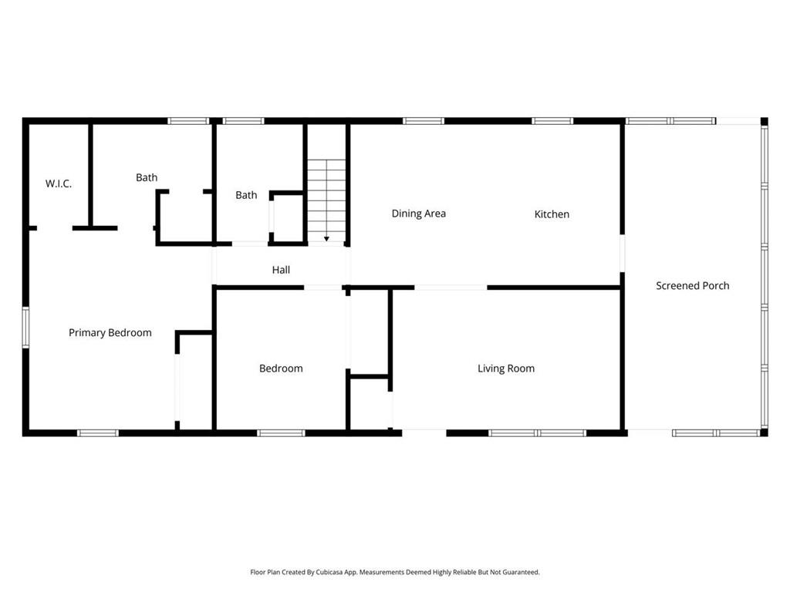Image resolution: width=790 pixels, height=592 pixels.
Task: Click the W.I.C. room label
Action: coord(59,183)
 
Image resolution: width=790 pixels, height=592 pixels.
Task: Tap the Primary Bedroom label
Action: coord(110,333)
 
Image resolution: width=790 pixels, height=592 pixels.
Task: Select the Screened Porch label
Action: coord(692,286)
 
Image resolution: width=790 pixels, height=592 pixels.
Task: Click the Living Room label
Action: coord(506,368)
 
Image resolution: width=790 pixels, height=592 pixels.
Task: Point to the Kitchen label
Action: coord(552,214)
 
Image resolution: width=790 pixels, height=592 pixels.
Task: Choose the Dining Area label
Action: coord(418,214)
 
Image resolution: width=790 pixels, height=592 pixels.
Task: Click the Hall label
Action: coord(281,271)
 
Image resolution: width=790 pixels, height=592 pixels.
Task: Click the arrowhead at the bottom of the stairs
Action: coord(326,239)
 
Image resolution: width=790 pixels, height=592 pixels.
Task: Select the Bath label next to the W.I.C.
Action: coord(147,178)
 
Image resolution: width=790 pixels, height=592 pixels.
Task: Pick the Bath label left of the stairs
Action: coord(246,196)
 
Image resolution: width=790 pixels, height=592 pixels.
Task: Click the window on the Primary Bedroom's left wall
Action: coord(25,327)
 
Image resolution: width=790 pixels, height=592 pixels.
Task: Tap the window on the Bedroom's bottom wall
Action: coord(281,433)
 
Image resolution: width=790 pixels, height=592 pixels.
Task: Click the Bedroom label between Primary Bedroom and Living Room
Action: coord(281,368)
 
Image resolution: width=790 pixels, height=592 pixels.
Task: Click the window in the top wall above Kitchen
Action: coord(552,121)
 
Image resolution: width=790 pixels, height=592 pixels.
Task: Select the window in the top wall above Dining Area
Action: coord(424,121)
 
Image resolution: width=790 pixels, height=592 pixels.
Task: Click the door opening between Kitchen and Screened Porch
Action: coord(622,254)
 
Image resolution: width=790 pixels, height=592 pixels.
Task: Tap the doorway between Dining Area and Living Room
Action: coord(451,288)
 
